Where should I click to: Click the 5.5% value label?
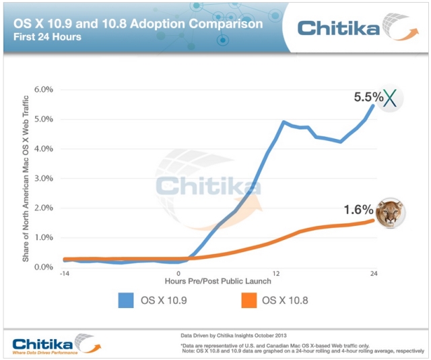tap(368, 97)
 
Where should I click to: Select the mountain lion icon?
tap(390, 213)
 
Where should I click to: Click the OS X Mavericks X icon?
tap(391, 98)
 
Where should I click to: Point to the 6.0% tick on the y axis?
tap(43, 89)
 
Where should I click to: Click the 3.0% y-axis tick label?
tap(43, 178)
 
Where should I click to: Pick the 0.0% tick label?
tap(43, 268)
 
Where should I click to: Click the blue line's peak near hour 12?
tap(284, 122)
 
